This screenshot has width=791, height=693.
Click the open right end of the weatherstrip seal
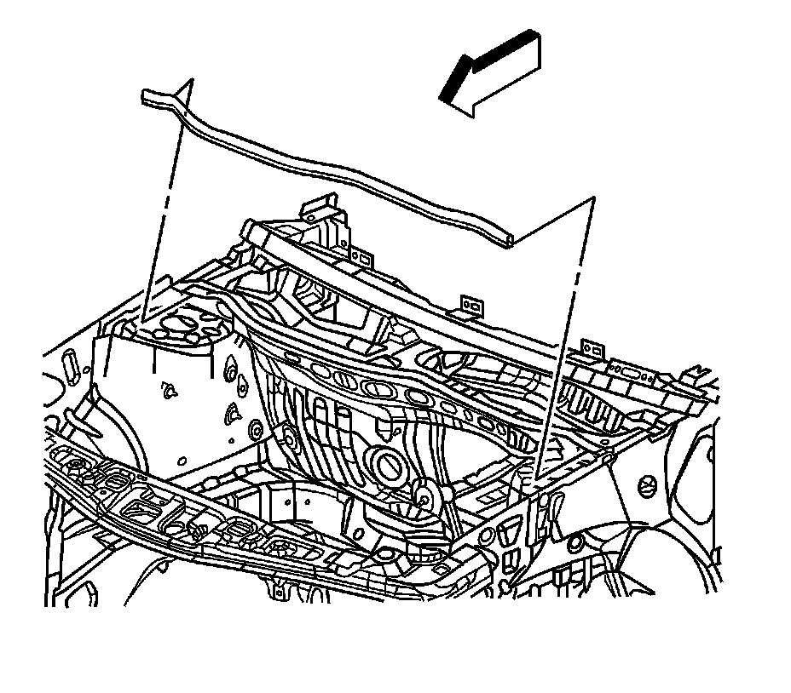point(508,243)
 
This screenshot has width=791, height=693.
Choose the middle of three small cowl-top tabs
point(467,303)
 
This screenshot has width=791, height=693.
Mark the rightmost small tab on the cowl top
point(588,346)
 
